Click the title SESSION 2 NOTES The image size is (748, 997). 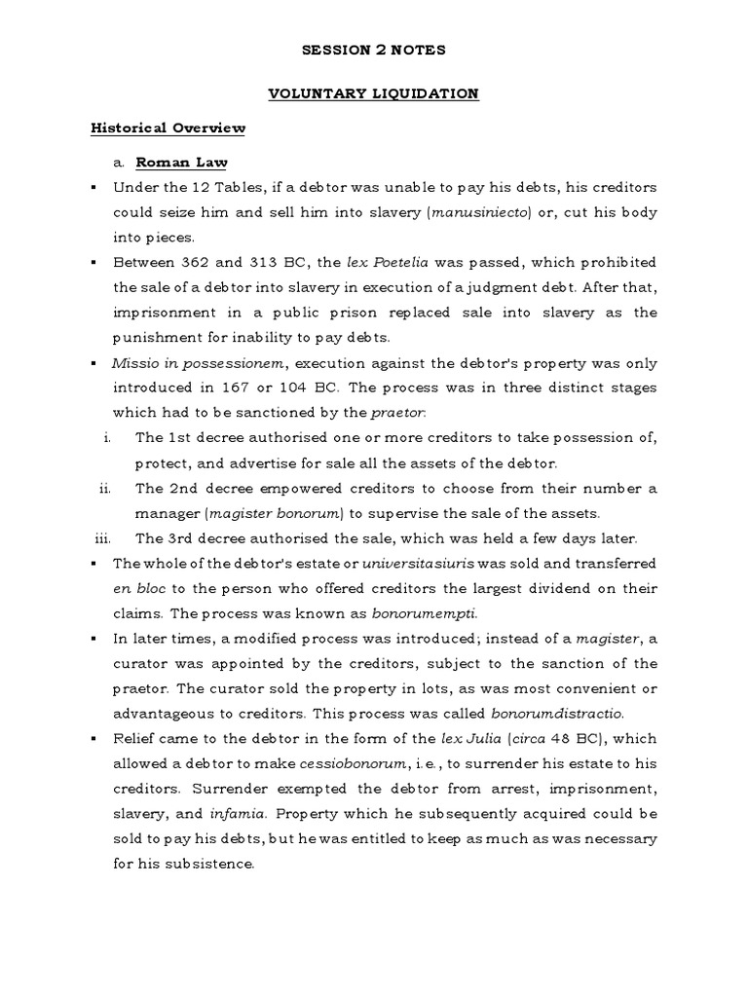[373, 50]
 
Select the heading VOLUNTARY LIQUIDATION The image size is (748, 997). [373, 93]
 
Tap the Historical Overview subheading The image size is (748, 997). [168, 129]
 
